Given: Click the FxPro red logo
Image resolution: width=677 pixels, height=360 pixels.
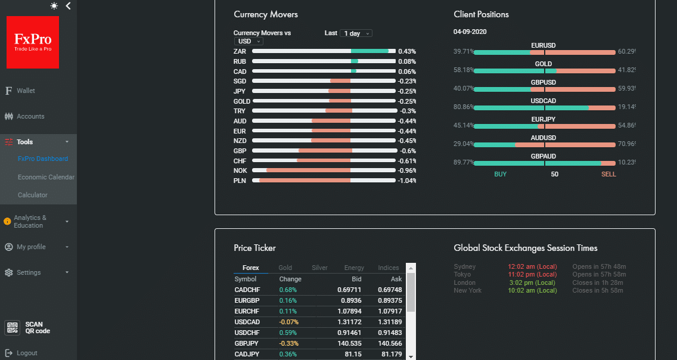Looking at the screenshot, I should (33, 42).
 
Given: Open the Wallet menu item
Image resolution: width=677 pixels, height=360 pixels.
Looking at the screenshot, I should (26, 91).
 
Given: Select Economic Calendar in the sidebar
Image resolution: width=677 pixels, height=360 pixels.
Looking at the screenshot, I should (46, 177).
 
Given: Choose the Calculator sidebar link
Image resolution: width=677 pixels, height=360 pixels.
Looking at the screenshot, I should (32, 195).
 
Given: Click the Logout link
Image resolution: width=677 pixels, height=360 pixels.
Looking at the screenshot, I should (27, 353).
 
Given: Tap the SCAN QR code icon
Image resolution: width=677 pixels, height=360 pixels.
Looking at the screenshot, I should (12, 328).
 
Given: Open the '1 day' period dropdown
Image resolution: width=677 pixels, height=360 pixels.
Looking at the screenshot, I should (356, 33).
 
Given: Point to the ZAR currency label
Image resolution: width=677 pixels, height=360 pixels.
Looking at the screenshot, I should (240, 51).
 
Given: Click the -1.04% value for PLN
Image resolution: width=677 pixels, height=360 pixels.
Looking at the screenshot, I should (406, 181).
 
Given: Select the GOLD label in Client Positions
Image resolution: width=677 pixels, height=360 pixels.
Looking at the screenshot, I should (543, 64).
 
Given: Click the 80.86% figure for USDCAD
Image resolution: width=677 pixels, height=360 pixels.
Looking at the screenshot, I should (464, 108).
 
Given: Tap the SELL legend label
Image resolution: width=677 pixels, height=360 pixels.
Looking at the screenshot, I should (608, 174).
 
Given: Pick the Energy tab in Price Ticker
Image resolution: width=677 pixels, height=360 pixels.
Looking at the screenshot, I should (354, 268).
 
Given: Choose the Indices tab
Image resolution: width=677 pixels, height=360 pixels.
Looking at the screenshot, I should (388, 268).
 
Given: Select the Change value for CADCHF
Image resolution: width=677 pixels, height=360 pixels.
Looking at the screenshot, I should (288, 290).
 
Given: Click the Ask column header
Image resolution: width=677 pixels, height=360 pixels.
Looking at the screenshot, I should (396, 279).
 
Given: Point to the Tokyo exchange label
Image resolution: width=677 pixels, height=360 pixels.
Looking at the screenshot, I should (462, 274).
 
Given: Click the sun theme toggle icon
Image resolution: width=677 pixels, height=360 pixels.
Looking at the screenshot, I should (54, 6).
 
